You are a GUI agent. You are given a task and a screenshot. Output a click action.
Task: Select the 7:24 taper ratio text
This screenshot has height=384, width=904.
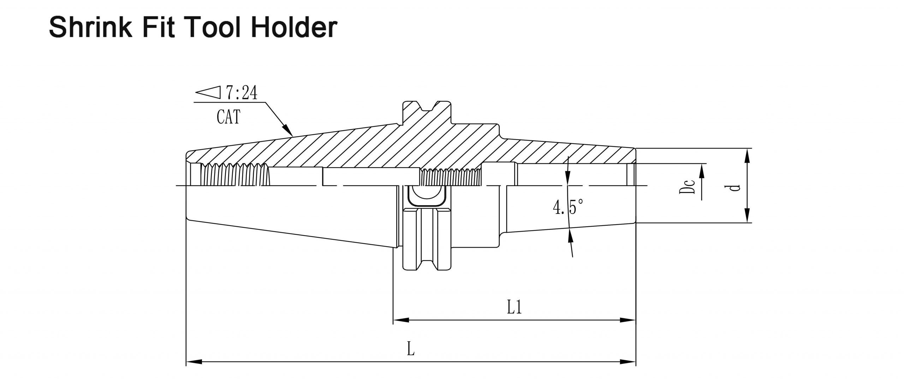click(x=242, y=93)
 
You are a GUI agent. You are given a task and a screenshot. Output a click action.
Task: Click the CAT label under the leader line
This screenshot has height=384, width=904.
click(x=228, y=117)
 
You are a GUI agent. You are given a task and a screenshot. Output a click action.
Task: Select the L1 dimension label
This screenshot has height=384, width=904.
click(x=514, y=307)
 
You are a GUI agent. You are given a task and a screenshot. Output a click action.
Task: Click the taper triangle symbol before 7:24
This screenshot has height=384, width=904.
click(x=208, y=93)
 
